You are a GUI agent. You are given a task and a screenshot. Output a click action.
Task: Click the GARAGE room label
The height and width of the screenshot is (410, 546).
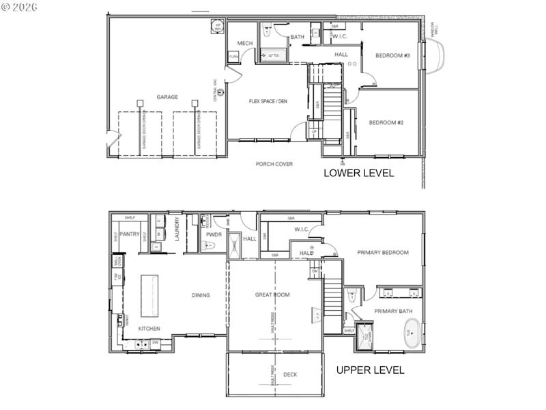pos(167,97)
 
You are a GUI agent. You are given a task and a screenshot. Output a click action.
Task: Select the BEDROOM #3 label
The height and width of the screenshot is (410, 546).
pos(392,55)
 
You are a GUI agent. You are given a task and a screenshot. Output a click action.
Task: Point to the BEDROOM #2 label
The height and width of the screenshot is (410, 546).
pos(386,123)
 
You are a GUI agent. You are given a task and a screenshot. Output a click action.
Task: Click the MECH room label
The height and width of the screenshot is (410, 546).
pos(245,43)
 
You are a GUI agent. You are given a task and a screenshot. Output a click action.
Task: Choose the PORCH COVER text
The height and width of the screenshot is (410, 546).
pos(274,164)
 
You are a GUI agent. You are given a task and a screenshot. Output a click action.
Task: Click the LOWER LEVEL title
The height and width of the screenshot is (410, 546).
pos(358,174)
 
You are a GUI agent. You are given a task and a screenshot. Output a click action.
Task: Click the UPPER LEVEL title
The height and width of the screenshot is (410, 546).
pos(371,370)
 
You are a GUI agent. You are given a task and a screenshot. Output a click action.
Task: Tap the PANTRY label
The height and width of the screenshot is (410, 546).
pos(130,234)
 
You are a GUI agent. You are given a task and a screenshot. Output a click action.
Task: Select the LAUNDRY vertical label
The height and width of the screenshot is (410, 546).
pos(177,230)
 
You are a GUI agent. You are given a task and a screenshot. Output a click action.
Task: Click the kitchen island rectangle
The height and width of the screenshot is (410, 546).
pos(149,295)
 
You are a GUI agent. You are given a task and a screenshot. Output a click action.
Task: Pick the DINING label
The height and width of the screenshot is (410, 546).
pos(201,295)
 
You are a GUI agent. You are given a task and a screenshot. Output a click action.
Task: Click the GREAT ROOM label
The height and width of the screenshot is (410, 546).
pos(272,295)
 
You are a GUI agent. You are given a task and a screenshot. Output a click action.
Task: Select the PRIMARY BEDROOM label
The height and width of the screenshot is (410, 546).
pos(383,253)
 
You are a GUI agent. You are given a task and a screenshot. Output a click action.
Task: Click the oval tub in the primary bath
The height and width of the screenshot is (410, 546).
pos(411,334)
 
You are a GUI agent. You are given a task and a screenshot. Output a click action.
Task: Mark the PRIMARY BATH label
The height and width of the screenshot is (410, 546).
pos(392,312)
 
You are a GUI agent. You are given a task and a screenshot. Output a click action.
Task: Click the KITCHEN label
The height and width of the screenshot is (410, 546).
pos(149,328)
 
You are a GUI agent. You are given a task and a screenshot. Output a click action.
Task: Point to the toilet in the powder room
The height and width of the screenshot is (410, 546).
pos(210,245)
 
